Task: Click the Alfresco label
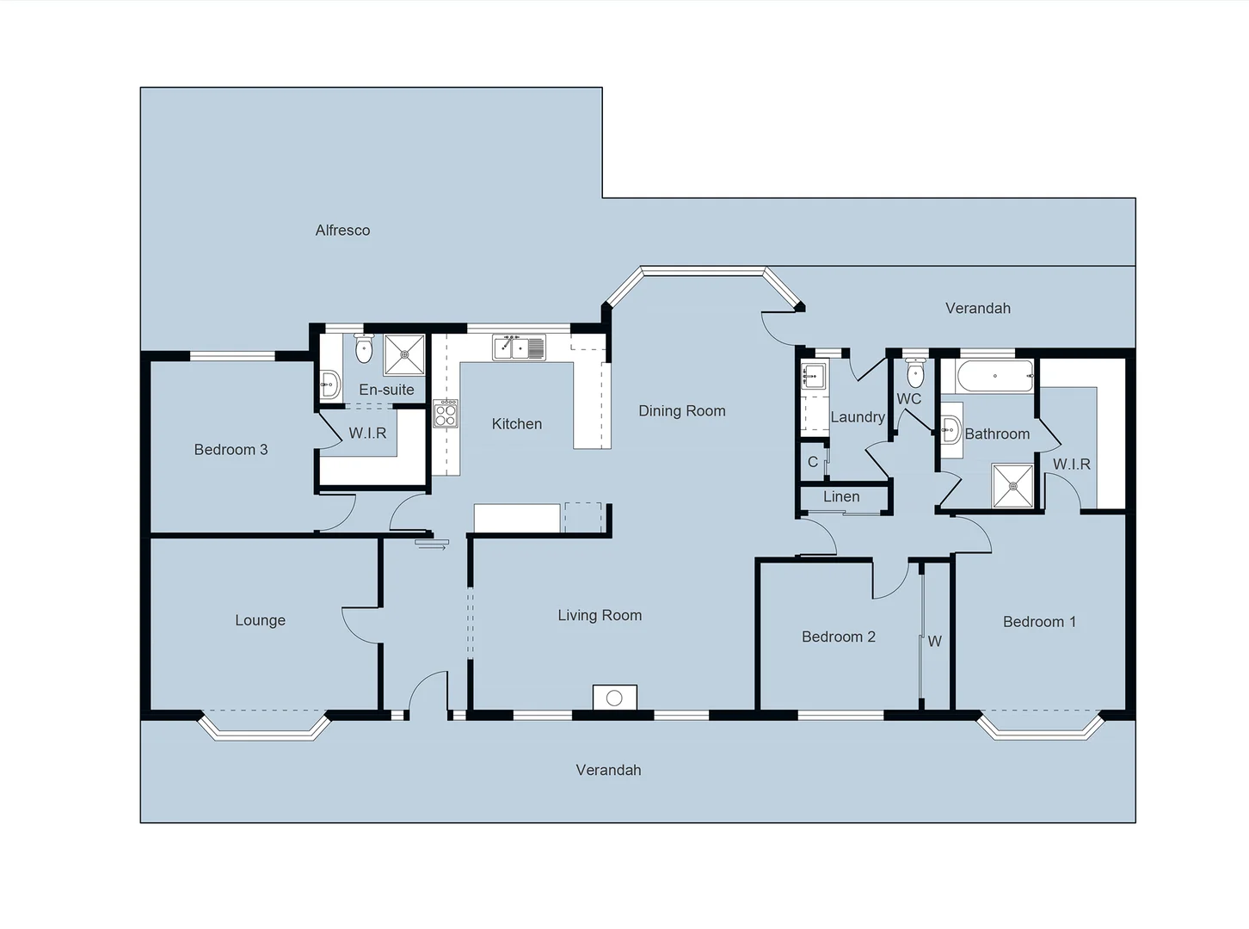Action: tap(342, 231)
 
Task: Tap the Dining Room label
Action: tap(681, 411)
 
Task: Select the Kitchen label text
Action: tap(516, 424)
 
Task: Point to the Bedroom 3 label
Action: tap(231, 450)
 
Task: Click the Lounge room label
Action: tap(260, 620)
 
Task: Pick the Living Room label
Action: tap(600, 615)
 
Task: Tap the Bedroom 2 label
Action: tap(838, 637)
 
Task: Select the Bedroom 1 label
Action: tap(1039, 622)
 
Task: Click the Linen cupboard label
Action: tap(840, 497)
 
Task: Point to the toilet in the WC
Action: tap(915, 373)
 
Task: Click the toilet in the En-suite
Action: tap(363, 348)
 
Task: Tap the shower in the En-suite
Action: tap(404, 355)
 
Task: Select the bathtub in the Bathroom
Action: tap(994, 376)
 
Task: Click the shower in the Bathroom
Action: tap(1012, 486)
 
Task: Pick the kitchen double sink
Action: tap(519, 348)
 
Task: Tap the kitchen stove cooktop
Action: tap(446, 415)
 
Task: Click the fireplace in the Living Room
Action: tap(614, 698)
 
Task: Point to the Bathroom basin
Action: tap(951, 428)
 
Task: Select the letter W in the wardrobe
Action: tap(934, 642)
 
